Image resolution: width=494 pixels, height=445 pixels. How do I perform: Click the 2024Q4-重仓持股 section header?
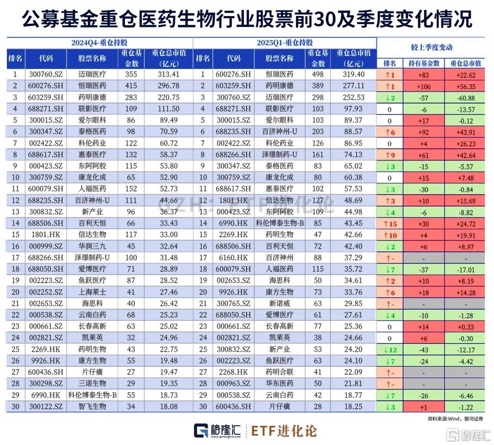click(100, 43)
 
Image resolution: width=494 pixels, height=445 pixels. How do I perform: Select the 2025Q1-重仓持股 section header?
click(285, 43)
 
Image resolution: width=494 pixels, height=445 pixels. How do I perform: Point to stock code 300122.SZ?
click(46, 406)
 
